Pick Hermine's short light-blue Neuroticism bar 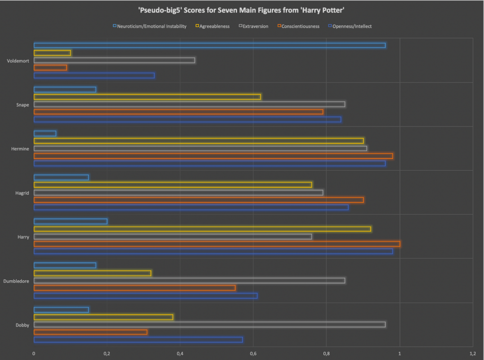click(x=45, y=133)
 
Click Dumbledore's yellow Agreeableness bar click(x=92, y=273)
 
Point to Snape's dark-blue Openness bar click(x=187, y=119)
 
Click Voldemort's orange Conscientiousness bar click(x=50, y=68)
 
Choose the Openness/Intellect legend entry click(x=350, y=26)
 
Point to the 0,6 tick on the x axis click(x=253, y=353)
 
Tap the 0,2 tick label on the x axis click(x=107, y=353)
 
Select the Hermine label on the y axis click(x=20, y=149)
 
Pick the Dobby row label click(x=22, y=325)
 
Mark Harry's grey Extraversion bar click(x=173, y=237)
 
